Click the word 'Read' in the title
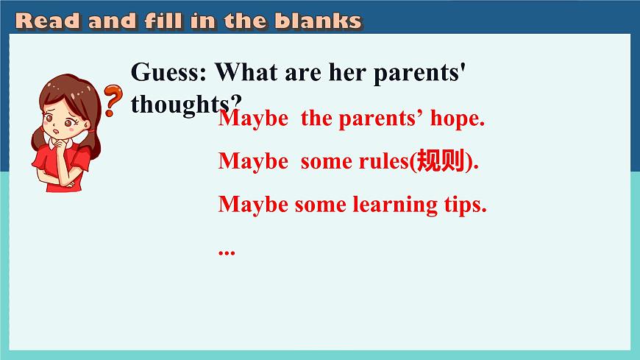pyautogui.click(x=48, y=21)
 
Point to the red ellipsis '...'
pyautogui.click(x=226, y=250)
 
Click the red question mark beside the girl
pyautogui.click(x=112, y=100)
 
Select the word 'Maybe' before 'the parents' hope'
pyautogui.click(x=253, y=119)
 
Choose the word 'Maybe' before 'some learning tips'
pyautogui.click(x=253, y=205)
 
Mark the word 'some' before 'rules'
pyautogui.click(x=327, y=161)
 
